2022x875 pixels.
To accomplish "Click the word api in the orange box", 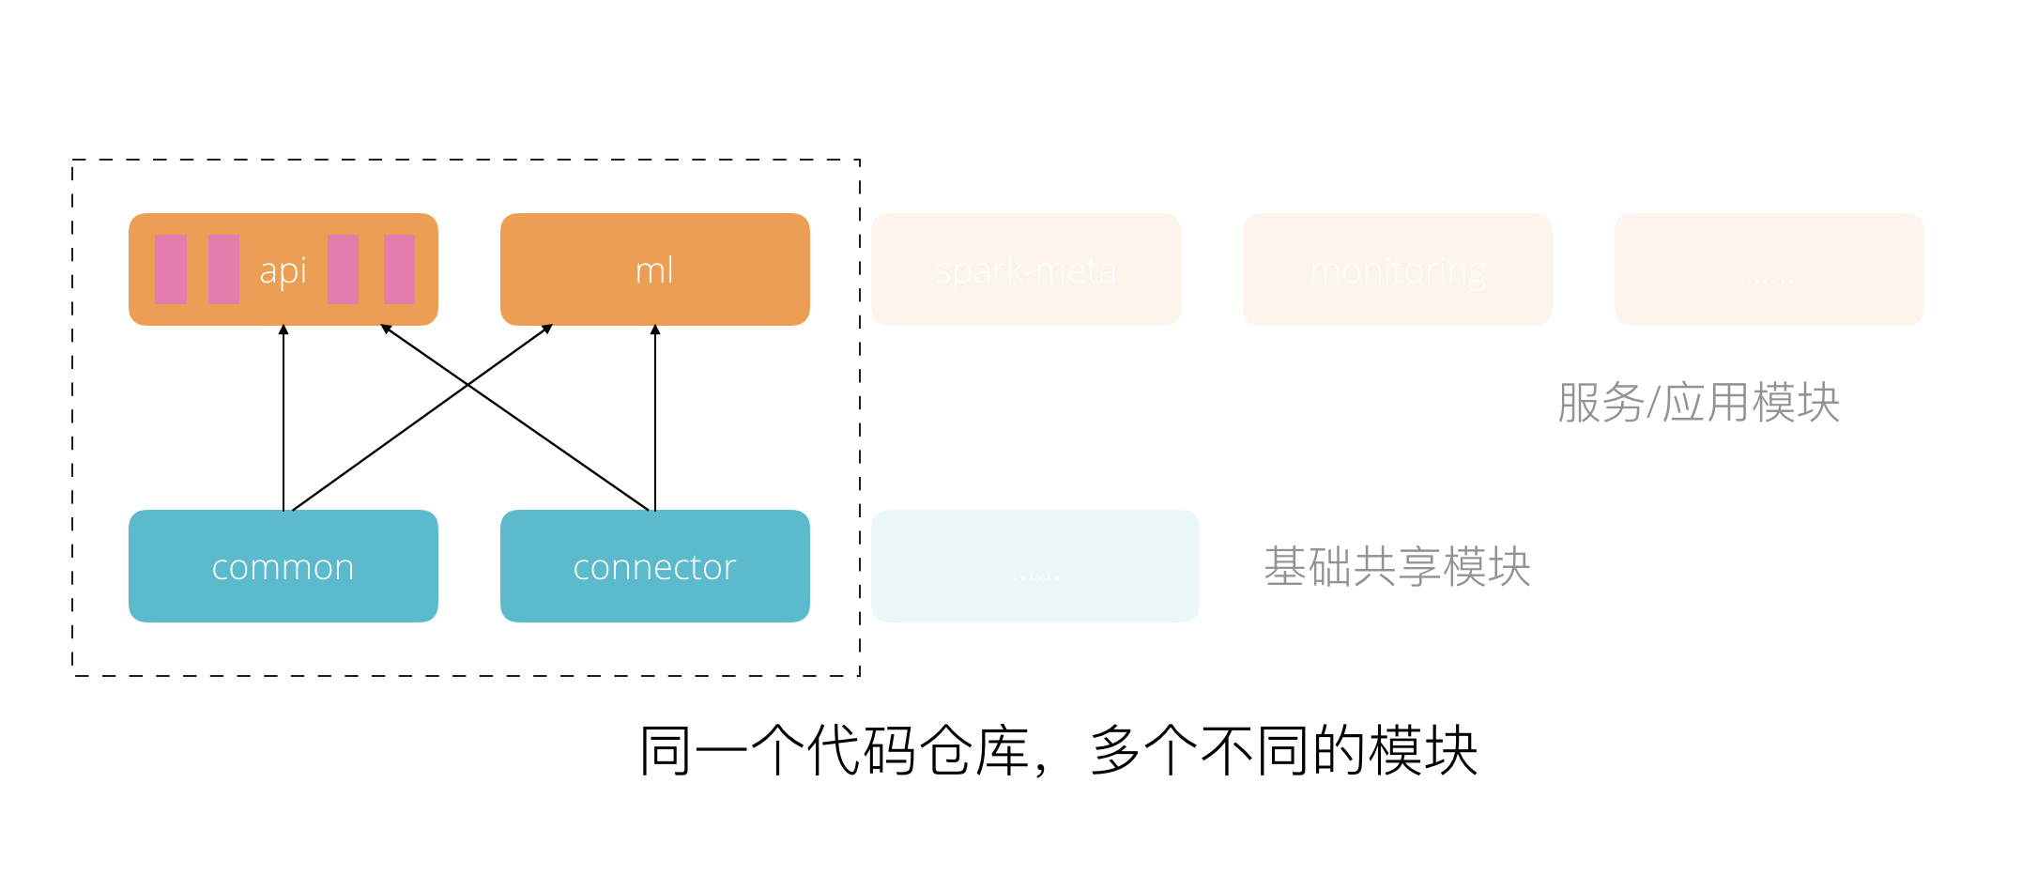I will point(283,271).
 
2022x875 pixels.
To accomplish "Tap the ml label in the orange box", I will point(654,270).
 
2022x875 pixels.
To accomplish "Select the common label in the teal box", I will point(283,567).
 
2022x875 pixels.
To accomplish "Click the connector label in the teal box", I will point(654,567).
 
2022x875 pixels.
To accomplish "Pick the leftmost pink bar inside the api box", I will point(171,269).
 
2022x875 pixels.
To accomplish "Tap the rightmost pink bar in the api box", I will point(399,269).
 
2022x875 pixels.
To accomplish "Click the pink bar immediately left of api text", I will point(223,269).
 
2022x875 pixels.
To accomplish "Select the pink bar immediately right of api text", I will point(343,269).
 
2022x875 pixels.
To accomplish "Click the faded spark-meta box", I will point(1026,270).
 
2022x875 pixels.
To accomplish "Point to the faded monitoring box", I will point(1397,270).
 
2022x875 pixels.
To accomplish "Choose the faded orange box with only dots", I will point(1769,270).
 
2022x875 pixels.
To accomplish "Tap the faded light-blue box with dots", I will point(1034,566).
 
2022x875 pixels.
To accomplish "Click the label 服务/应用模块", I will point(1698,403).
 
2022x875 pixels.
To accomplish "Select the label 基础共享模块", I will point(1397,567).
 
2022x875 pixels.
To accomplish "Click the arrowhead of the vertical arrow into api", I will point(283,330).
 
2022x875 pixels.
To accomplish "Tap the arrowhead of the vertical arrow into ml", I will point(655,330).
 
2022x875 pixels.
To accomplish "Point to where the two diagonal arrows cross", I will point(468,385).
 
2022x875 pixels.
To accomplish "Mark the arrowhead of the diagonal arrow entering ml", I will point(547,329).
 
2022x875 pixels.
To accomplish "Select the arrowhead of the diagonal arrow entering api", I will point(386,329).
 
